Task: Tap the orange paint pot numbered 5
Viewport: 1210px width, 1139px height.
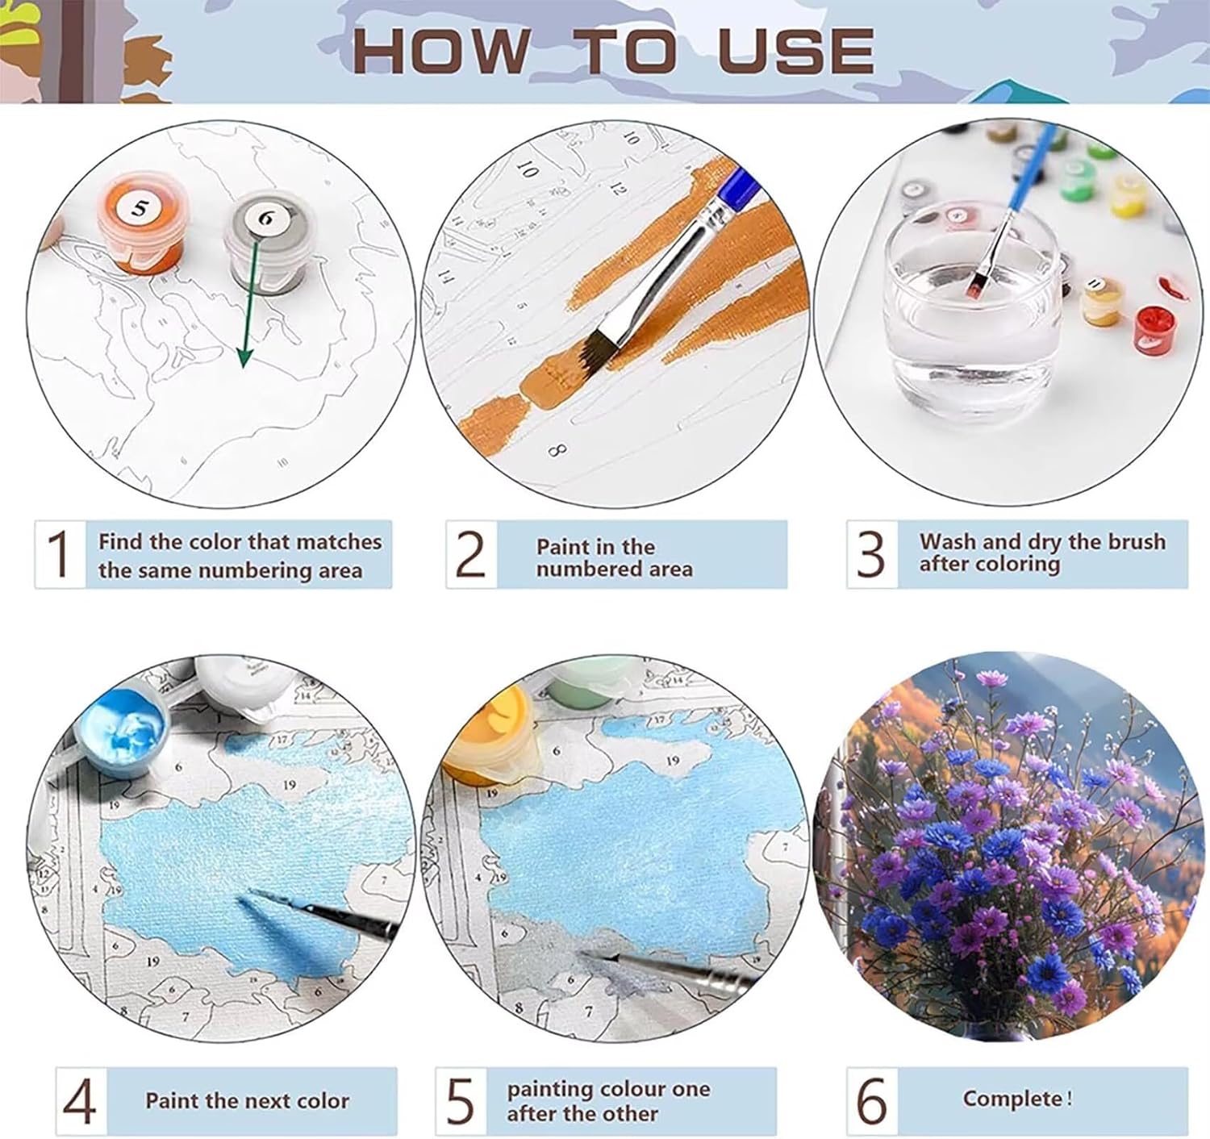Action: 140,223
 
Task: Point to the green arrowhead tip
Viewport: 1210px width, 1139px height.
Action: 244,368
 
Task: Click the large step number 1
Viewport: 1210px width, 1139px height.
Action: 59,553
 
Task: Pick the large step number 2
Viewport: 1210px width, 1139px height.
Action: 470,553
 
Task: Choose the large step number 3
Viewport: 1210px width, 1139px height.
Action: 870,553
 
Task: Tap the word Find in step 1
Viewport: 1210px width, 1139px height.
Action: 120,541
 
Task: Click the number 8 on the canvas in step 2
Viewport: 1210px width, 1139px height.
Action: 557,451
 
